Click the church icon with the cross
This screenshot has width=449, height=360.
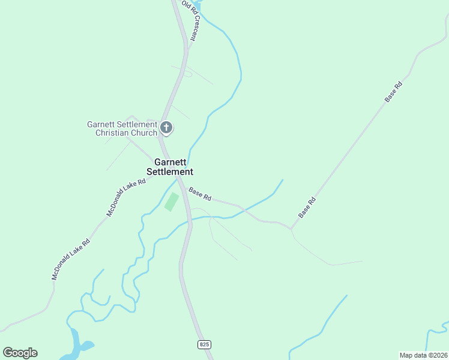click(x=167, y=128)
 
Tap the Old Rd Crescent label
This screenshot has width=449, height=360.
click(x=189, y=21)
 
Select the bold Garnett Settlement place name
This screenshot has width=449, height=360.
click(x=173, y=167)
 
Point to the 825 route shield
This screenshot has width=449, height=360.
click(x=204, y=344)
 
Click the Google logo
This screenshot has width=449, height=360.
click(x=20, y=353)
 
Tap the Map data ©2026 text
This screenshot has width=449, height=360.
click(x=423, y=355)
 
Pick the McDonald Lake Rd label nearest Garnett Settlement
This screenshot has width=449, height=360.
click(x=126, y=197)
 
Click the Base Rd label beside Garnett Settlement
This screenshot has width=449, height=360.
click(x=200, y=194)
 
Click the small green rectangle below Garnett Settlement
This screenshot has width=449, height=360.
click(x=172, y=202)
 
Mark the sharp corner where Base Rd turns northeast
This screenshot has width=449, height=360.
click(x=291, y=229)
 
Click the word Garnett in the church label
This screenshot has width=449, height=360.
click(x=101, y=124)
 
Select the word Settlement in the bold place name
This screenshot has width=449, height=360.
click(x=173, y=172)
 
